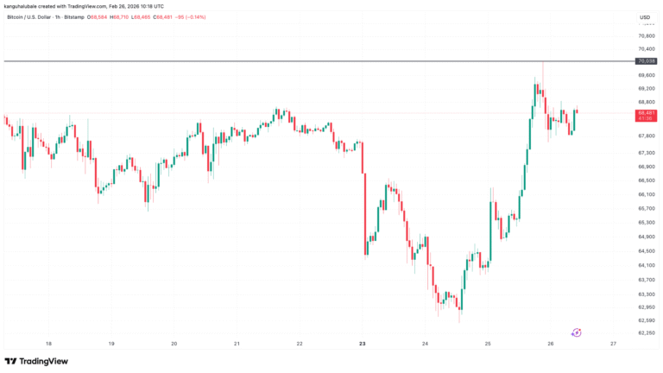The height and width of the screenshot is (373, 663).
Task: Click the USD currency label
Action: pyautogui.click(x=644, y=17)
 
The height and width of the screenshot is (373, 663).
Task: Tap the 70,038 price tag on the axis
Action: pyautogui.click(x=647, y=61)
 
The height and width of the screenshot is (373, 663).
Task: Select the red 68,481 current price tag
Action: pyautogui.click(x=647, y=113)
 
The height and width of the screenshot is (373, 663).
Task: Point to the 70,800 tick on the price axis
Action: pyautogui.click(x=647, y=35)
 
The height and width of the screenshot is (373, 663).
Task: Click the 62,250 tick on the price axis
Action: pyautogui.click(x=647, y=332)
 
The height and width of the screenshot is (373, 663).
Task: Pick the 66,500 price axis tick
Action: pyautogui.click(x=647, y=180)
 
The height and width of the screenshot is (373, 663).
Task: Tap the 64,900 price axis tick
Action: pyautogui.click(x=647, y=237)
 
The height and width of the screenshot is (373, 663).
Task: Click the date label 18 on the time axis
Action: pyautogui.click(x=49, y=344)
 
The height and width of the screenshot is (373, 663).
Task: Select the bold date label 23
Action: pyautogui.click(x=363, y=344)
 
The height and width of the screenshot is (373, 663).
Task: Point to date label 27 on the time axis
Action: pyautogui.click(x=613, y=344)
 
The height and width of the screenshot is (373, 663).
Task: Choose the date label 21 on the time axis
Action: pyautogui.click(x=237, y=344)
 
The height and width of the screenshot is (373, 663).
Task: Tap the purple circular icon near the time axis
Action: pyautogui.click(x=577, y=332)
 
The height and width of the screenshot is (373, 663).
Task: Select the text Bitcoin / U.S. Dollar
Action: pyautogui.click(x=31, y=17)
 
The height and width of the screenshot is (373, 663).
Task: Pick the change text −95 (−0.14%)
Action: pyautogui.click(x=193, y=17)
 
